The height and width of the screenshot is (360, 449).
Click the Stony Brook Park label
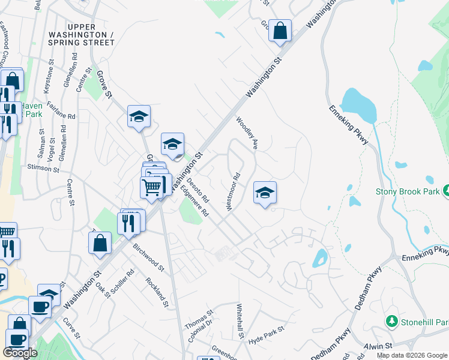[408, 191]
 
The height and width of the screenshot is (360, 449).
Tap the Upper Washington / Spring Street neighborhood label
[91, 35]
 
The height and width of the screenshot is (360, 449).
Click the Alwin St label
[379, 346]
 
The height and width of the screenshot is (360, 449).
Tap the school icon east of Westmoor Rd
[265, 193]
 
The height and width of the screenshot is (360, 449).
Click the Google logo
[20, 353]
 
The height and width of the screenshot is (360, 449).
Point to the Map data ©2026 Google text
[412, 355]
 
